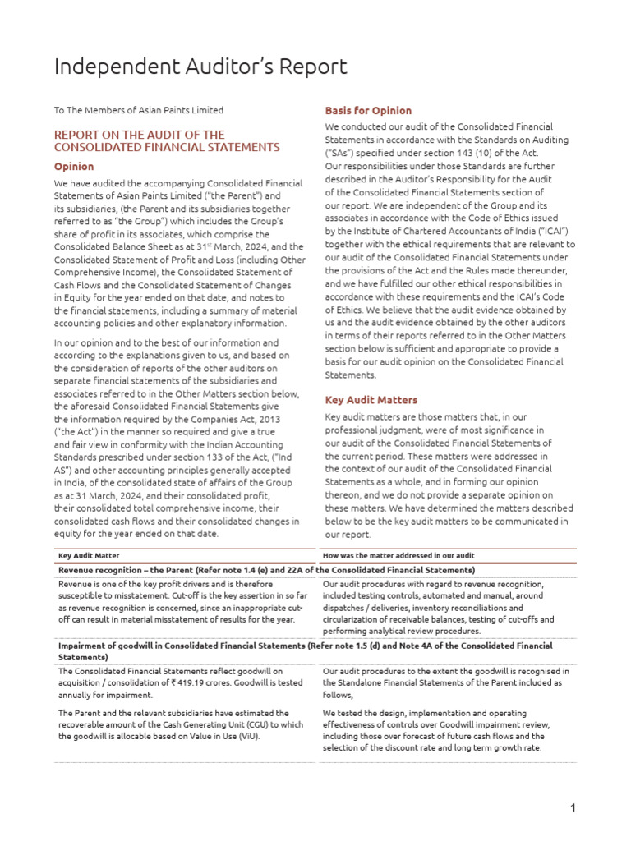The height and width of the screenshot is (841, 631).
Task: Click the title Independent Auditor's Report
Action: [200, 67]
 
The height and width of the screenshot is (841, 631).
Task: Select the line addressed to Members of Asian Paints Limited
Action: [139, 110]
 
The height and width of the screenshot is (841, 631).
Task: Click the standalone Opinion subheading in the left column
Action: [74, 166]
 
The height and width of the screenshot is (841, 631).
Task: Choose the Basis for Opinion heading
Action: [368, 110]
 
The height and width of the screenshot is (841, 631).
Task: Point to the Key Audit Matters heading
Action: [371, 400]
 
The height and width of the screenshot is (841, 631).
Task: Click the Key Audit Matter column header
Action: [89, 556]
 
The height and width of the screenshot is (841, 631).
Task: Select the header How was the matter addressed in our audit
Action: [398, 556]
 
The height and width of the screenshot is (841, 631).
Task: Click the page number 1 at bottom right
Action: [573, 809]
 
